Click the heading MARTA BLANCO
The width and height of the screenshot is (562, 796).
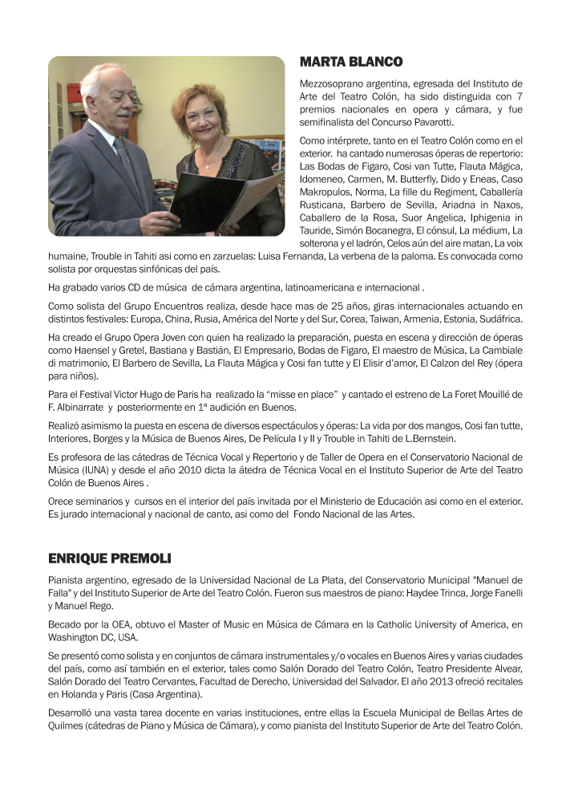point(351,62)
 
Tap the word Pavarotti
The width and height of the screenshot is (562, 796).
point(429,122)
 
